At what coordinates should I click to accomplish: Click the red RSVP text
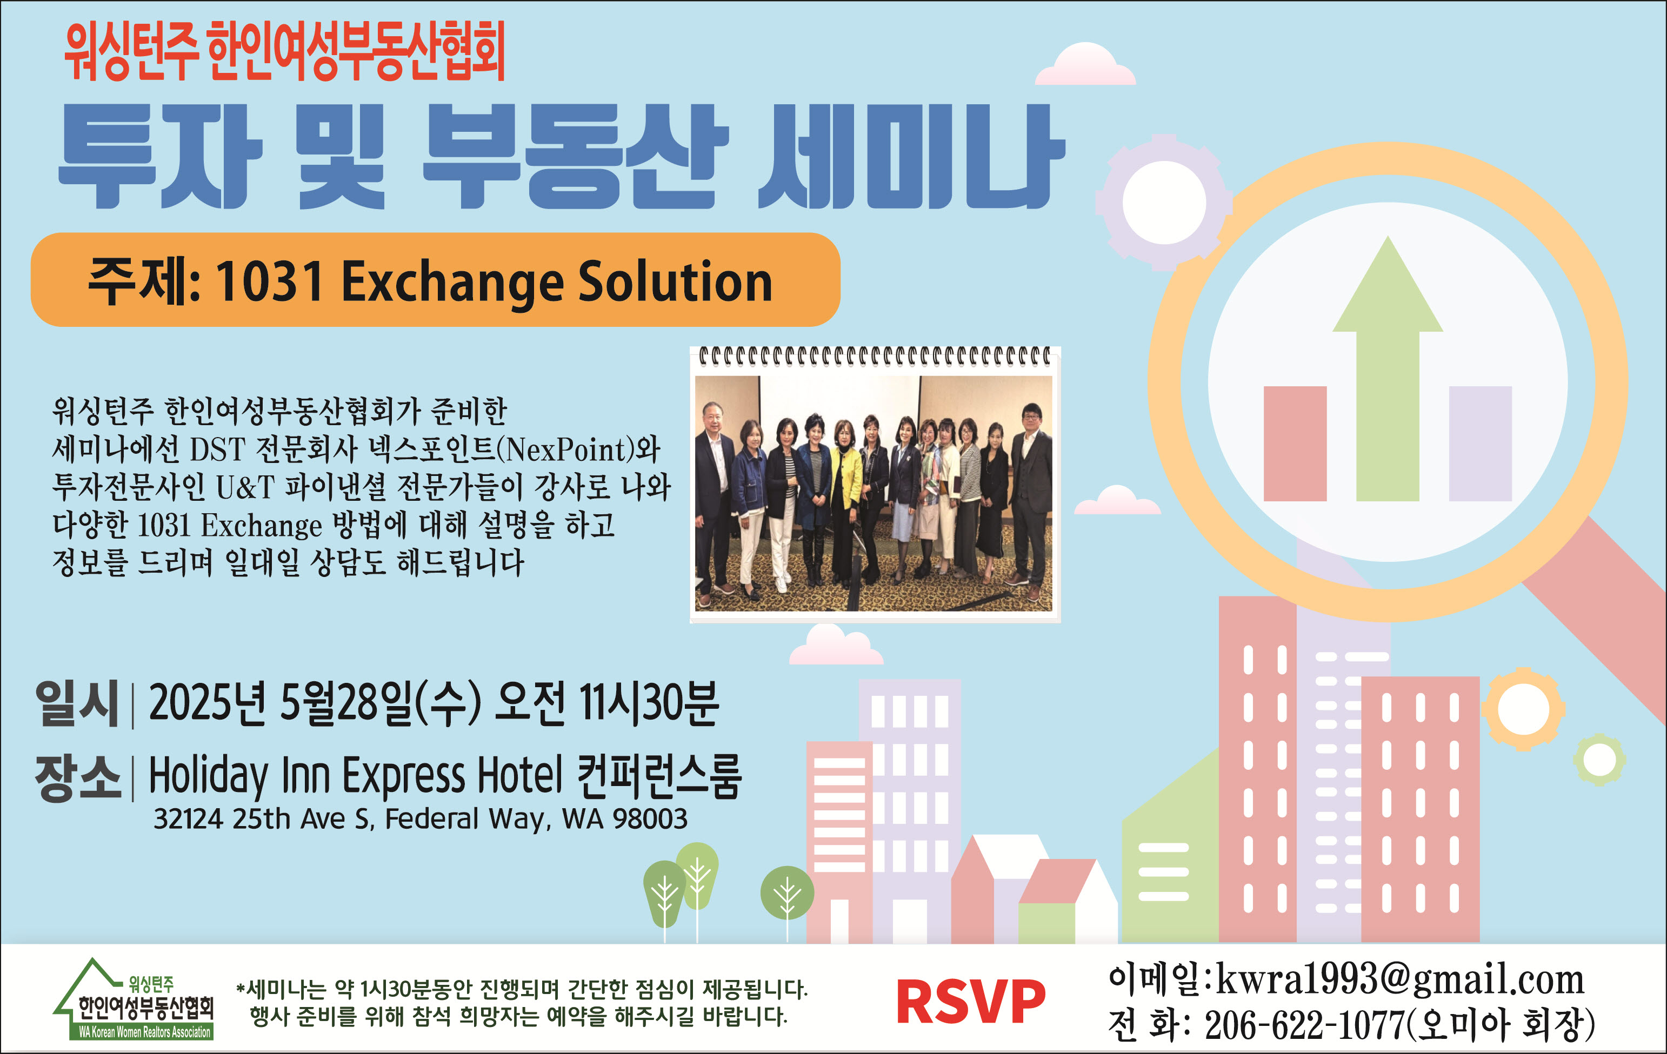pos(971,1002)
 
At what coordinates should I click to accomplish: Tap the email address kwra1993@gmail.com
pos(1400,979)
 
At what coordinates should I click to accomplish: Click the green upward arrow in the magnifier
pos(1388,368)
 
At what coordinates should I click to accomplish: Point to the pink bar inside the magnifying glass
pos(1295,444)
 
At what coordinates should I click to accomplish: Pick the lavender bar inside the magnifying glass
pos(1480,444)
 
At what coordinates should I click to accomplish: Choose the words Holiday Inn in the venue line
pos(239,776)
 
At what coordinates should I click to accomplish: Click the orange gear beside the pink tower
pos(1523,709)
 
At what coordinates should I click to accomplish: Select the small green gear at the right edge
pos(1599,761)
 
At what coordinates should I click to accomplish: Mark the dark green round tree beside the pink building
pos(787,893)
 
